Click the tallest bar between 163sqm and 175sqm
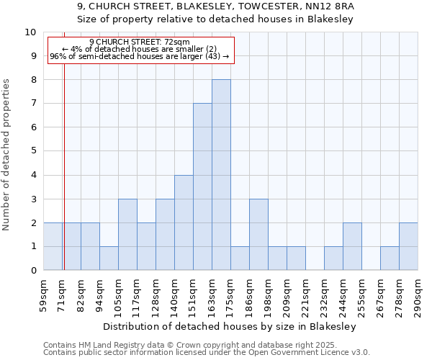tap(221, 175)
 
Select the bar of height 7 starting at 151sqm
tap(202, 186)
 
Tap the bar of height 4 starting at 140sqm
tap(184, 222)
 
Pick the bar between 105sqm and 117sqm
tap(127, 235)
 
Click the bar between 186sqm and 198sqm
tap(258, 235)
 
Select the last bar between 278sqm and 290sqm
tap(408, 246)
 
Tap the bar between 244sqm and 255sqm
tap(352, 246)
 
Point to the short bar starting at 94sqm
tap(109, 258)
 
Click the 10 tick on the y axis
tap(30, 32)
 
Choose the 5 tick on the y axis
tap(32, 152)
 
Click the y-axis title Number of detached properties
tap(6, 155)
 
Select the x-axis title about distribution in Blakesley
tap(230, 326)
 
